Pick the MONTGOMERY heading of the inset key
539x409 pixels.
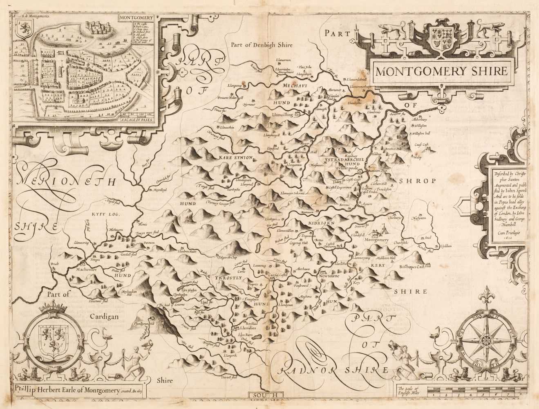point(130,18)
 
